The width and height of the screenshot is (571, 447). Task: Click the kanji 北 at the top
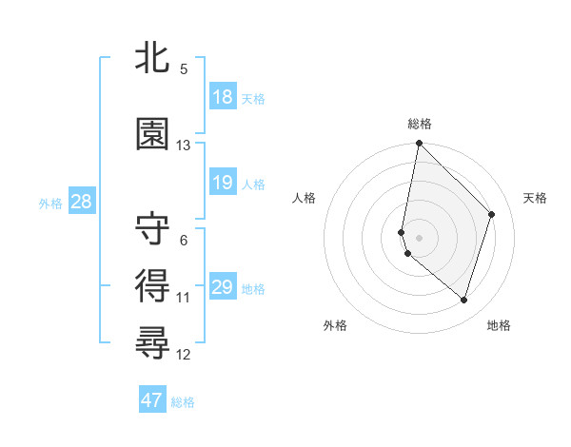153,59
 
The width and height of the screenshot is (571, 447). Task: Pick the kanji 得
153,284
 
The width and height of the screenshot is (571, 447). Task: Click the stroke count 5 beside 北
184,69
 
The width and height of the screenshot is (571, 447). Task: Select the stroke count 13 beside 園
184,146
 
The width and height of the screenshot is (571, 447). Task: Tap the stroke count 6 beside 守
184,241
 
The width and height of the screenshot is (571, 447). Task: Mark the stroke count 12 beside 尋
184,355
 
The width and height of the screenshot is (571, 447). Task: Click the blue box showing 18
223,97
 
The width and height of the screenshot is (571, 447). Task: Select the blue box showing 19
223,184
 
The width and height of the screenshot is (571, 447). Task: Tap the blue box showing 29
223,287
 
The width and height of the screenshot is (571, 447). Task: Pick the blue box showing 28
81,202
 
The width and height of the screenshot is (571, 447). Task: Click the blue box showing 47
152,400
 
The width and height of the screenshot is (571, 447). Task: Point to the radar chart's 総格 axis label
420,124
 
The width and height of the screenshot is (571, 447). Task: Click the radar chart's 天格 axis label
536,198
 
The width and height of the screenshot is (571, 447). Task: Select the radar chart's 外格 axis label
335,325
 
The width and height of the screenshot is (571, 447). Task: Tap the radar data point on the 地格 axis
463,300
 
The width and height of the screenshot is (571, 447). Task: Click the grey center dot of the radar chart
419,237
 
